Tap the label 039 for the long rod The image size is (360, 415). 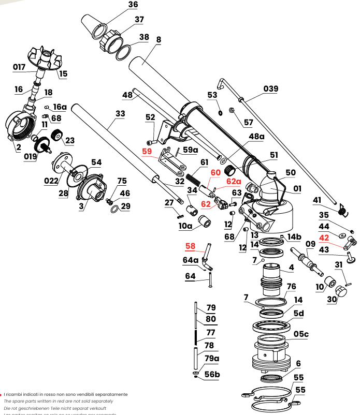click(270, 88)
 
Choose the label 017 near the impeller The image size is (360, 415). click(19, 67)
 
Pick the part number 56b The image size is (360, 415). click(212, 374)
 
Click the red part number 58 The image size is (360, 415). click(191, 246)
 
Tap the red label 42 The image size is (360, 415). click(324, 238)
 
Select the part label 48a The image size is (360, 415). click(256, 136)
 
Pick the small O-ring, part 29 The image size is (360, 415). click(113, 209)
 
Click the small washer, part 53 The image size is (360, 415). click(220, 112)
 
